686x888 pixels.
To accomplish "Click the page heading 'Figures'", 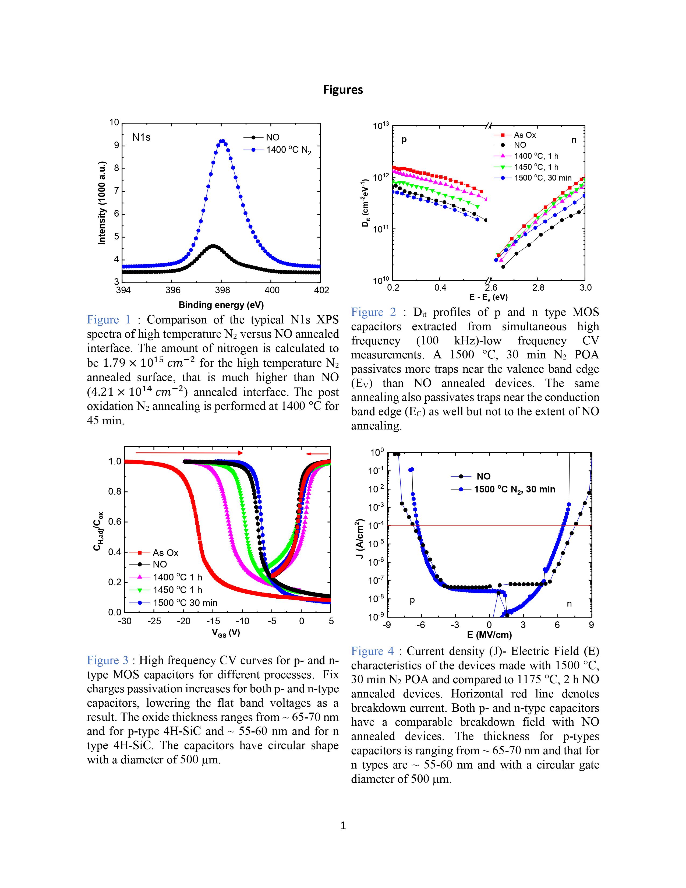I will [342, 90].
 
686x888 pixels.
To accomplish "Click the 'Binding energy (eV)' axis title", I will [221, 305].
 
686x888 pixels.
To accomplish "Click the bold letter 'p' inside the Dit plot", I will [404, 140].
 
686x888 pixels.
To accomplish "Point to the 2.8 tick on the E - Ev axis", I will [538, 288].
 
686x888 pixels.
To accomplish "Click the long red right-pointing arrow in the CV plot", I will [189, 453].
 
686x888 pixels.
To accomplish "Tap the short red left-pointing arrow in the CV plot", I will [317, 453].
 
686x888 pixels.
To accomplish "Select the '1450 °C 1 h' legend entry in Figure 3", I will [177, 590].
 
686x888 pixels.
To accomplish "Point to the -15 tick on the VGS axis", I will [213, 621].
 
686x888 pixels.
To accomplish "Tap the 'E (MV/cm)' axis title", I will [489, 635].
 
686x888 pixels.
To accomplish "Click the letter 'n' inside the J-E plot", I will [569, 604].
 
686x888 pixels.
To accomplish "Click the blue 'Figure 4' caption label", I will [372, 651].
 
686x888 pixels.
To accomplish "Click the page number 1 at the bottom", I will [342, 825].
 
